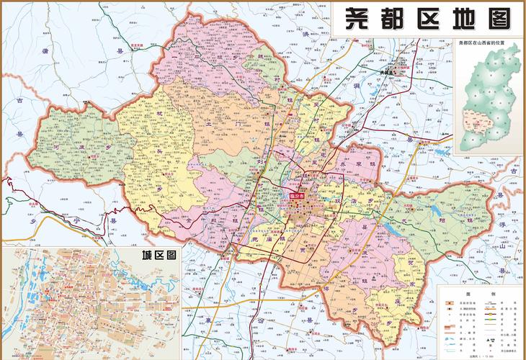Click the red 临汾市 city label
tap(298, 195)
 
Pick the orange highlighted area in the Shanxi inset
tap(475, 127)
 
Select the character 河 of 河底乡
tap(57, 146)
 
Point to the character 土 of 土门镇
tap(209, 124)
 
